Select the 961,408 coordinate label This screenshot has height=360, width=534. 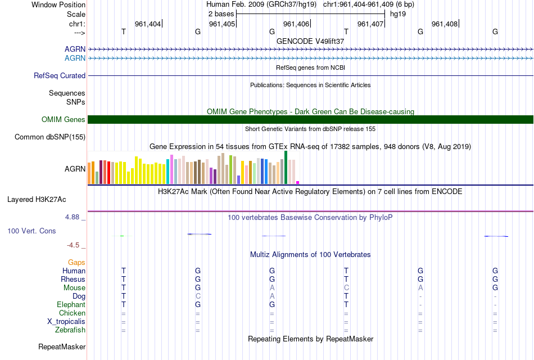(445, 24)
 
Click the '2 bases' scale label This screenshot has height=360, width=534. (221, 13)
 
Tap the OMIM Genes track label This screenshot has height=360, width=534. (63, 119)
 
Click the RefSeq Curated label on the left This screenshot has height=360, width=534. (60, 75)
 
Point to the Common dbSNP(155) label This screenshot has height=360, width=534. (50, 137)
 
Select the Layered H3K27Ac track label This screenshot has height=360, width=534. (37, 199)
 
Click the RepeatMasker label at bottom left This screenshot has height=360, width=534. (62, 346)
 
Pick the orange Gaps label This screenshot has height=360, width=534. (76, 262)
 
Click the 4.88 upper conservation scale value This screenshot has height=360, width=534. (75, 216)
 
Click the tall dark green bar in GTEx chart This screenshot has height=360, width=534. (286, 168)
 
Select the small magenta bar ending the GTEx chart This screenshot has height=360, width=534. (298, 182)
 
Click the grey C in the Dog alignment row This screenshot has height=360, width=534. (198, 296)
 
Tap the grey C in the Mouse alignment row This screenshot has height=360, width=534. (346, 287)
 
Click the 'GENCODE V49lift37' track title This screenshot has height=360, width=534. (310, 41)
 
